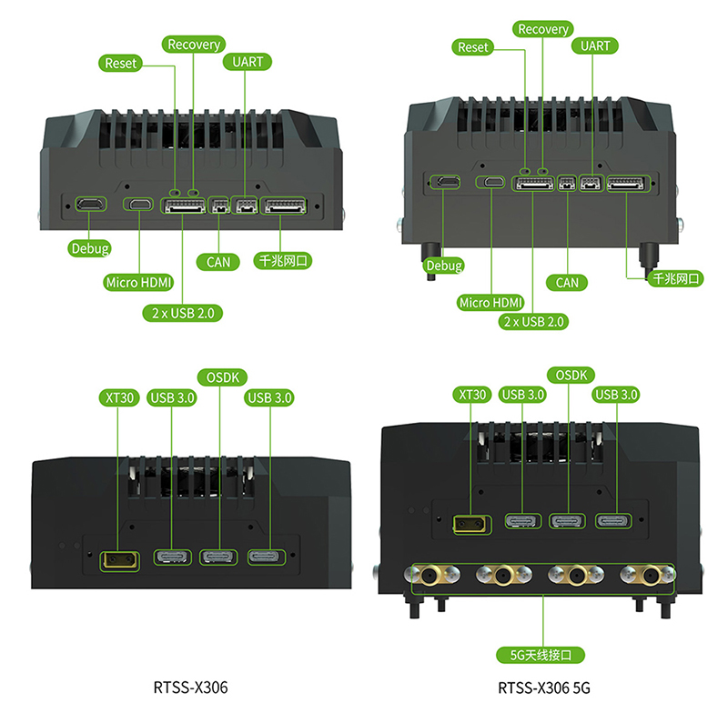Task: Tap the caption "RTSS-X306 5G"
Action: [544, 688]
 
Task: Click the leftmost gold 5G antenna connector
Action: [427, 575]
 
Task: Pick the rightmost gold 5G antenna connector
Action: [650, 575]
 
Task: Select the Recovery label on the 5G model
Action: [542, 29]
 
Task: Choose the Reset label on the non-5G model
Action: [121, 63]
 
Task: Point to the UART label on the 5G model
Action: [595, 45]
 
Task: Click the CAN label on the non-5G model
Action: [218, 262]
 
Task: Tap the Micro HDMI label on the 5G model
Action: [491, 303]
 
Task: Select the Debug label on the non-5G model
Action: [89, 248]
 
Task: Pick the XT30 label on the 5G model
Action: [471, 395]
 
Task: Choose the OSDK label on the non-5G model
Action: [220, 377]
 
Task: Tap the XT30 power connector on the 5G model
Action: [470, 523]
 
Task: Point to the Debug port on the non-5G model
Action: [89, 205]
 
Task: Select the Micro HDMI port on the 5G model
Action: [492, 183]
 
